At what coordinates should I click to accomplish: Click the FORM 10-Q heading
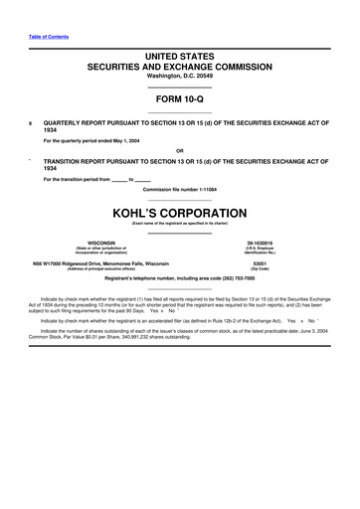[180, 100]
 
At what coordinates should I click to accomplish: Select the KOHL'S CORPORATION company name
[180, 212]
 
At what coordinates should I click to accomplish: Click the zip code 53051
[261, 263]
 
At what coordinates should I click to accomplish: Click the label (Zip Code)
[261, 269]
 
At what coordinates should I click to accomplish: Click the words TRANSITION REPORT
[78, 161]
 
